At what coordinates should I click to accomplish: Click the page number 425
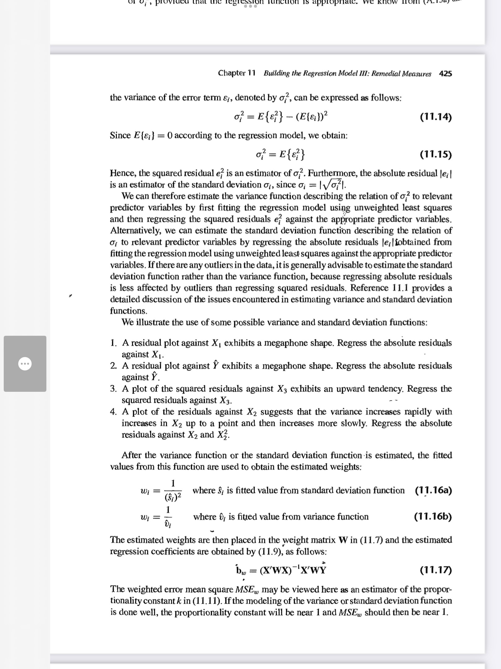pos(445,73)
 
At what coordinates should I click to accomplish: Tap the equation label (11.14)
pos(436,117)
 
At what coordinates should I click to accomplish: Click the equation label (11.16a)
pos(433,490)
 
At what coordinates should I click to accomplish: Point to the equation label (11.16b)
pos(433,517)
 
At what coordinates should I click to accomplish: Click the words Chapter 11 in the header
pos(237,73)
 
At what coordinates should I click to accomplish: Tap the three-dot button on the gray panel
pos(25,363)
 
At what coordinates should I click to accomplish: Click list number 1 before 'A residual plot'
pos(113,343)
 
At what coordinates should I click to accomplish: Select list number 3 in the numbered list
pos(113,389)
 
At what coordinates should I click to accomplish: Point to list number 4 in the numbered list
pos(113,412)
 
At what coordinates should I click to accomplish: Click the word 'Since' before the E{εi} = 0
pos(121,135)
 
